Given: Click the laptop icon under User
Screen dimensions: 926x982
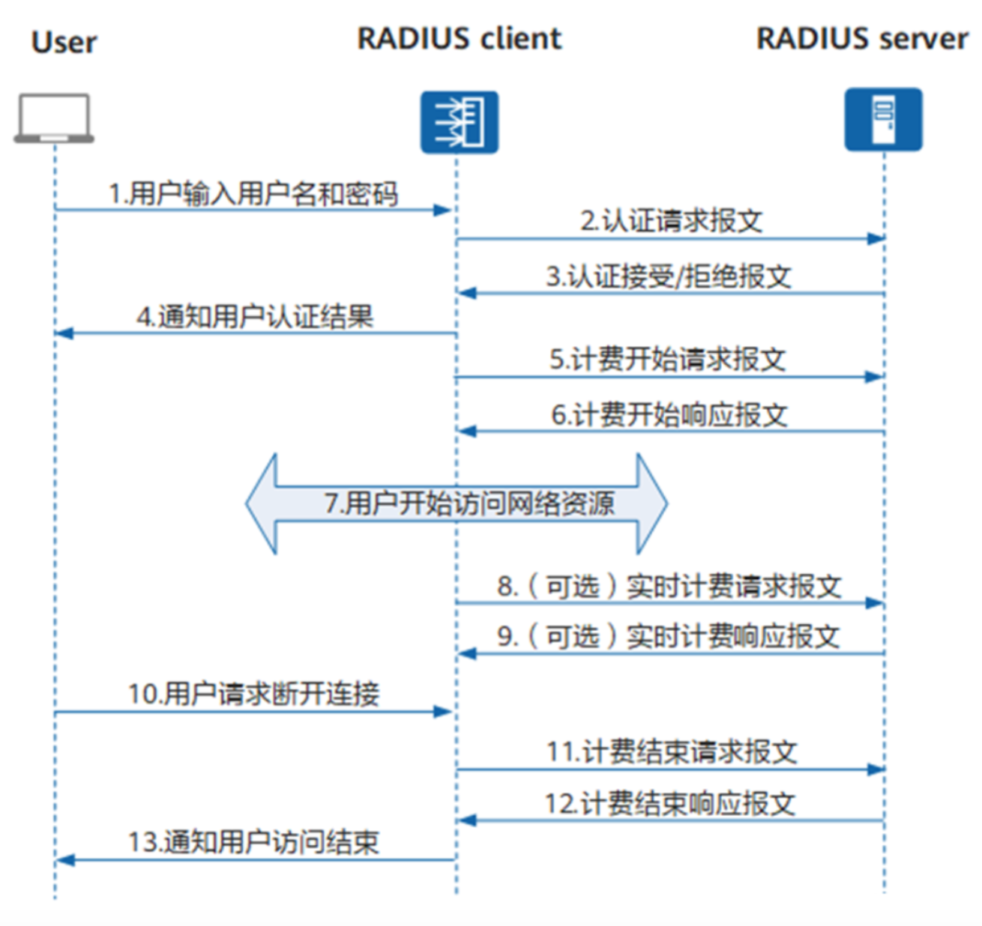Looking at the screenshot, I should (x=54, y=118).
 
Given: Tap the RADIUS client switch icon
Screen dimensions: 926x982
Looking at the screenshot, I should (x=459, y=122).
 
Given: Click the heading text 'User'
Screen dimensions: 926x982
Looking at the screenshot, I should (x=64, y=42).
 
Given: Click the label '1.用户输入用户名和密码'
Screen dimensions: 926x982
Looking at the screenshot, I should (x=253, y=194).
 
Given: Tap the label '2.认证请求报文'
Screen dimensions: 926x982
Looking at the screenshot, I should (x=671, y=221).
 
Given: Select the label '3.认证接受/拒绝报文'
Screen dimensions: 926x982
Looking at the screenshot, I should (x=668, y=276).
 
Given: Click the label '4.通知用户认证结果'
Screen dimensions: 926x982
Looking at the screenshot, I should (x=255, y=317).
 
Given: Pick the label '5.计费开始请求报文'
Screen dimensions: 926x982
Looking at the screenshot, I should (x=667, y=359).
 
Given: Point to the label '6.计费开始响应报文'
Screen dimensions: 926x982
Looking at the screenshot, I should (x=669, y=414).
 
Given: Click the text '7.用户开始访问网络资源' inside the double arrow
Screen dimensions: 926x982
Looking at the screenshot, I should (x=469, y=503).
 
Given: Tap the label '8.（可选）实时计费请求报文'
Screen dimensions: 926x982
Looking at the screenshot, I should (x=669, y=586).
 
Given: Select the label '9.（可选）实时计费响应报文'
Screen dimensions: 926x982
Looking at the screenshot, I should (x=668, y=636).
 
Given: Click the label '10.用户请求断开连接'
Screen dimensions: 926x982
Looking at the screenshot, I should (x=253, y=694).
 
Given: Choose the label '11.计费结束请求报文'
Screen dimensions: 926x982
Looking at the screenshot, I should (x=672, y=751).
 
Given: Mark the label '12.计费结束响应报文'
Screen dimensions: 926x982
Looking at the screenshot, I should (x=669, y=804).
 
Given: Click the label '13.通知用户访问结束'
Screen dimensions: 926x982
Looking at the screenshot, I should (x=253, y=842).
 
